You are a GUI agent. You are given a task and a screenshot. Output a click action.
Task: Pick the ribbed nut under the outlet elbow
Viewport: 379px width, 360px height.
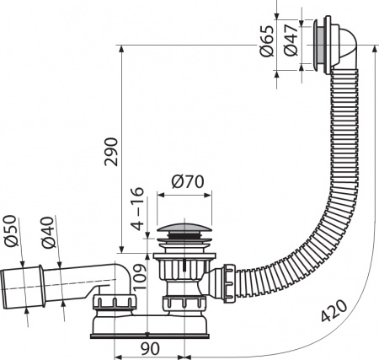pos(113,304)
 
